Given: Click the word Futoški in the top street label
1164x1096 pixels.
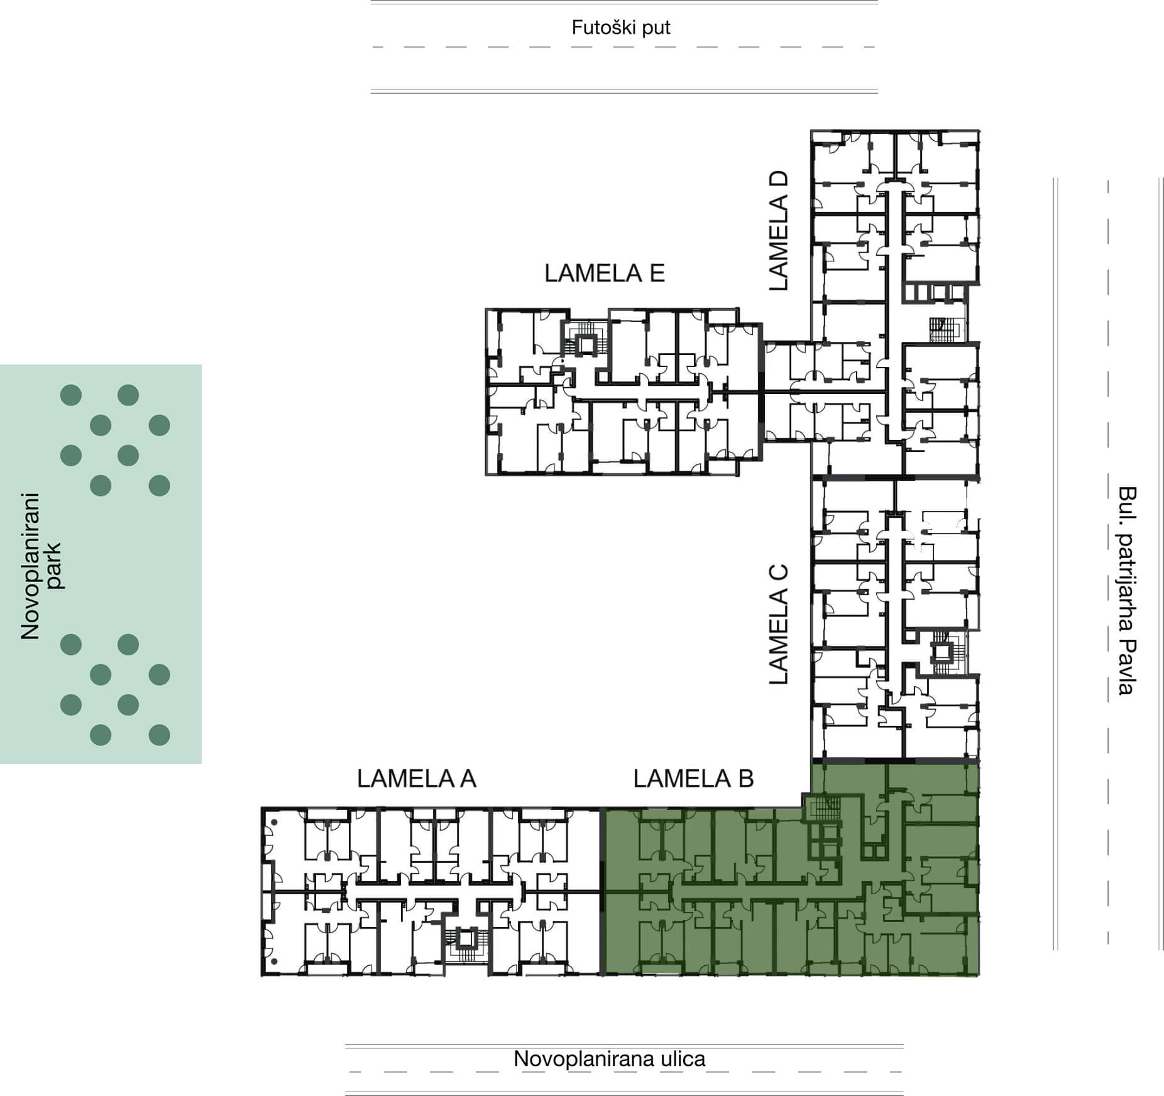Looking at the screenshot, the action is pyautogui.click(x=600, y=28).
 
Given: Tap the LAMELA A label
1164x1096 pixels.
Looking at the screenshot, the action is pyautogui.click(x=417, y=779).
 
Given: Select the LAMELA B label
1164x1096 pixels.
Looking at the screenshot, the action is pyautogui.click(x=693, y=779).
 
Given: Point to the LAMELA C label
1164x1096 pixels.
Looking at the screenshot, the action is pyautogui.click(x=778, y=625).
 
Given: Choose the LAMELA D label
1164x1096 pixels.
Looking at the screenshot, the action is pyautogui.click(x=778, y=231).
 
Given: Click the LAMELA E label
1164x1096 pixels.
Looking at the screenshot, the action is pyautogui.click(x=605, y=273).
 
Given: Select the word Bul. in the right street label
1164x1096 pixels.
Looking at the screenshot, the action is pyautogui.click(x=1128, y=503).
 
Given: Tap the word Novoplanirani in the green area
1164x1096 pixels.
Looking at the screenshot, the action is pyautogui.click(x=30, y=566).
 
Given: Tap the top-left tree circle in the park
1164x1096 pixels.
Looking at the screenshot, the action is pyautogui.click(x=71, y=395).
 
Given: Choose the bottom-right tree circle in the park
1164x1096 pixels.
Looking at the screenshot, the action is pyautogui.click(x=159, y=735).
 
